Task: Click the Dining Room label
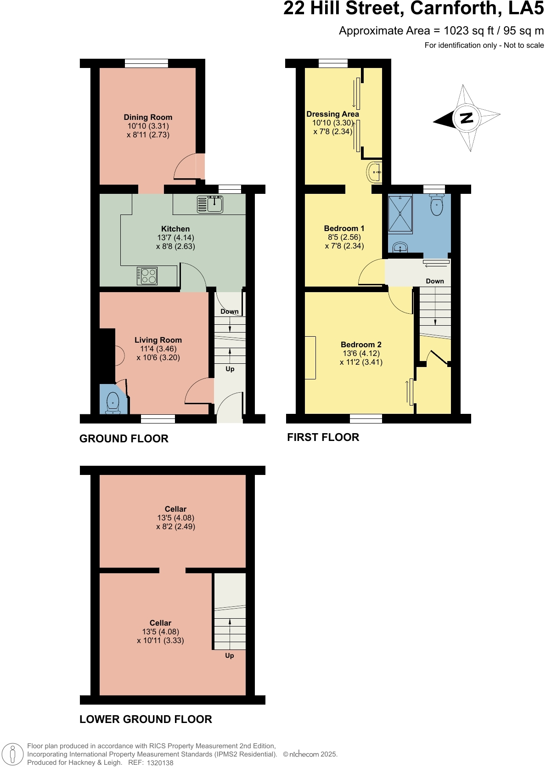point(148,117)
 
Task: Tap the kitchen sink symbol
point(210,204)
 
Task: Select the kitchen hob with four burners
point(147,276)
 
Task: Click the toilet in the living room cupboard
point(113,403)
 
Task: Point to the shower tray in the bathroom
point(400,214)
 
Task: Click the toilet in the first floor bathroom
point(436,205)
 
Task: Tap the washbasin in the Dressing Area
point(375,173)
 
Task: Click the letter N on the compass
point(467,118)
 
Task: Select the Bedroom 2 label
point(361,344)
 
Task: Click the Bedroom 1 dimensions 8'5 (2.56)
point(344,237)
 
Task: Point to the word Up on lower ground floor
point(230,655)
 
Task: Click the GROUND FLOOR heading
point(124,439)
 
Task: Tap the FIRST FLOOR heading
point(323,437)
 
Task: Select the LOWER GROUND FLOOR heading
point(146,719)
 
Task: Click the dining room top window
point(146,64)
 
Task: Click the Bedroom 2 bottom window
point(366,418)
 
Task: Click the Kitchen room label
point(175,229)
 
